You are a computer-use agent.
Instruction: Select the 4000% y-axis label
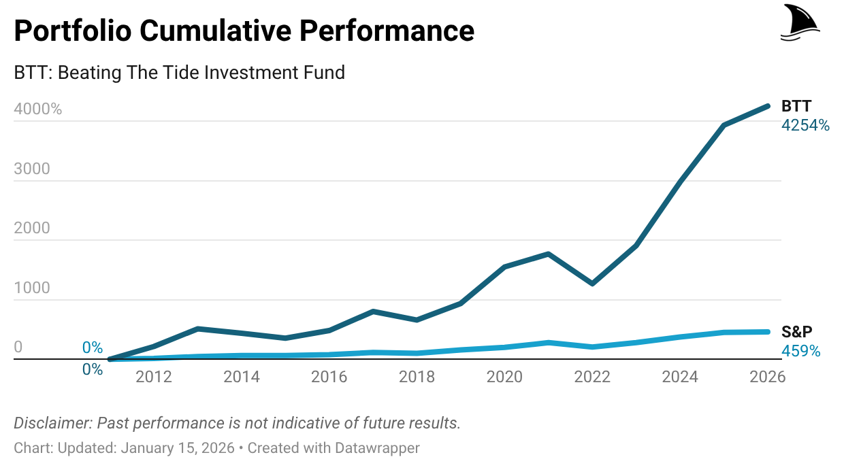37,109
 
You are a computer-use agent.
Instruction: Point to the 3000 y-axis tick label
32,169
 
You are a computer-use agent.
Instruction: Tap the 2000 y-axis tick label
32,228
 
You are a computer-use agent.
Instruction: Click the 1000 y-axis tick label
32,288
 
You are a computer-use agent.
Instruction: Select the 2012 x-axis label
154,377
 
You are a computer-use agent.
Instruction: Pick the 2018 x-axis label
417,377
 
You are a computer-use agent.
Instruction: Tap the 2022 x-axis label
592,377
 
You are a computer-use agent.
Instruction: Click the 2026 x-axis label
767,377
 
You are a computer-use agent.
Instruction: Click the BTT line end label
796,106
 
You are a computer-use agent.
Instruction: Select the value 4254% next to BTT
805,125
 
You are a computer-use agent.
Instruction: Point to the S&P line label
797,332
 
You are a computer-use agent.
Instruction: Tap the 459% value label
800,352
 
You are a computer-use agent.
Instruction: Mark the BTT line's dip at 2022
592,283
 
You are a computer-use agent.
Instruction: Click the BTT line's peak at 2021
549,254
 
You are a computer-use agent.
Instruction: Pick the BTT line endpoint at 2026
767,106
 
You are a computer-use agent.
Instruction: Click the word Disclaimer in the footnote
52,423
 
